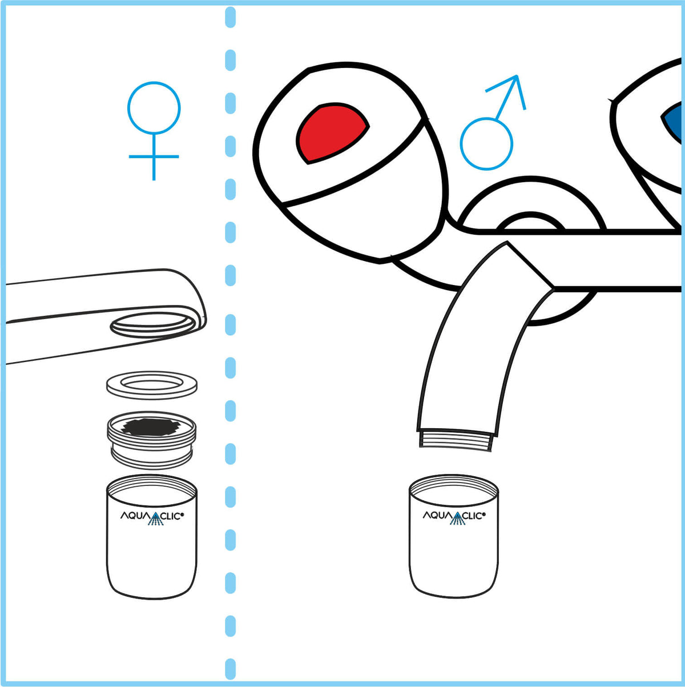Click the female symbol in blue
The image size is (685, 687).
pyautogui.click(x=154, y=131)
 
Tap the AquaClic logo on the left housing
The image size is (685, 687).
pyautogui.click(x=151, y=516)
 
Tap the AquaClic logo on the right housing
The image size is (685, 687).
pyautogui.click(x=454, y=516)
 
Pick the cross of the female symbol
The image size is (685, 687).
pyautogui.click(x=154, y=156)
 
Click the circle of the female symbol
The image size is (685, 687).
pyautogui.click(x=154, y=108)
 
